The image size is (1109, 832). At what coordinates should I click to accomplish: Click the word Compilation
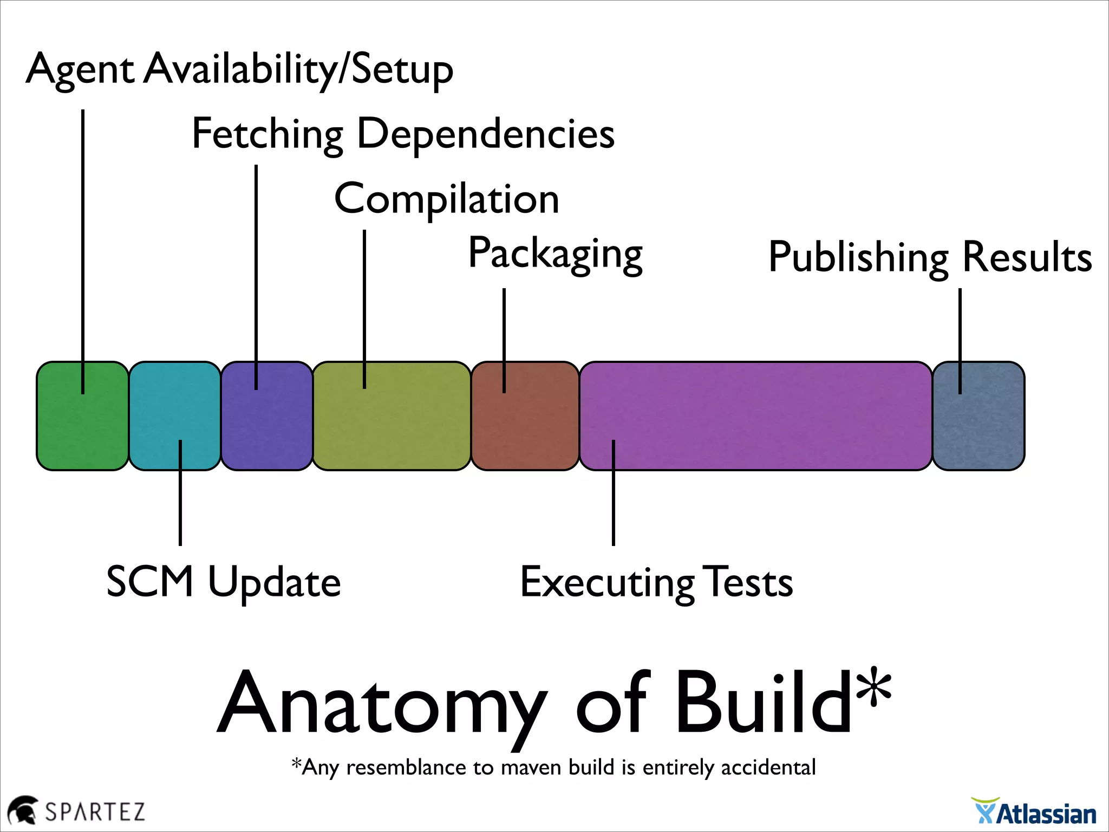[x=447, y=199]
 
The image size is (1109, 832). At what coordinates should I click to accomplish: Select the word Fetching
[x=268, y=134]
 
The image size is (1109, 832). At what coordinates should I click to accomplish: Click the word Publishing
[x=858, y=257]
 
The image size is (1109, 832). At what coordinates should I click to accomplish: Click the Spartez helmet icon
[x=23, y=810]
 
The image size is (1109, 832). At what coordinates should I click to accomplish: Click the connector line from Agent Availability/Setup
[x=83, y=244]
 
